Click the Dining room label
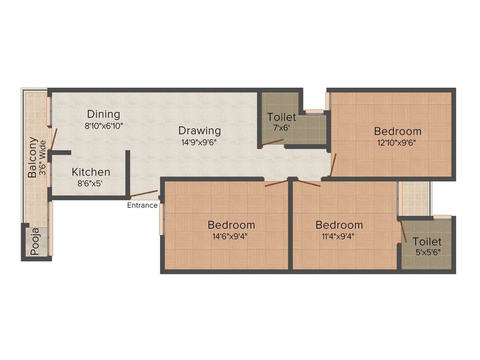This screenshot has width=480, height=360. pos(104,114)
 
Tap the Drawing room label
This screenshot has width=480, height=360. pos(199,130)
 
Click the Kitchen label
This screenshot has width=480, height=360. pos(91,172)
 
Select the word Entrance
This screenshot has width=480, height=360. pos(142,205)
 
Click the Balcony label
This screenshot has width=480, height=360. pos(32,157)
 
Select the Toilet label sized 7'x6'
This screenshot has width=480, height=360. pos(282,117)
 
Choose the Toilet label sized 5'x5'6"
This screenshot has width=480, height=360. pos(427,241)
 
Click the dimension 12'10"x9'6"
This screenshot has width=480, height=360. pos(397,142)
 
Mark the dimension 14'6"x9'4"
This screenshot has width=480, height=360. pos(231,236)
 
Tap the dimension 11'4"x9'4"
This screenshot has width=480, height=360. pos(339,236)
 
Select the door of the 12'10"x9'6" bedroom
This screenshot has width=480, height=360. pos(333,165)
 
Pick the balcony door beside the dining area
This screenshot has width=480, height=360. pos(54,141)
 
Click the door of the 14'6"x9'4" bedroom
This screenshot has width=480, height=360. pos(277,183)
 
